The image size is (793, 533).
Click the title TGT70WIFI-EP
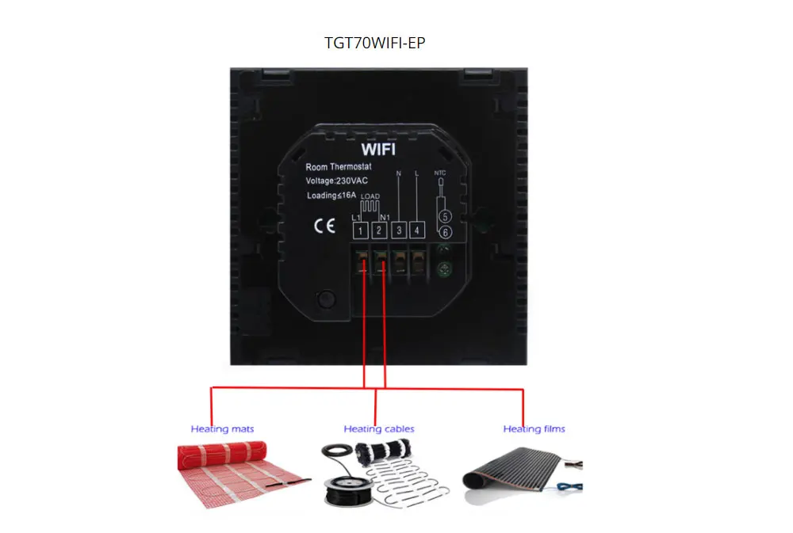(374, 43)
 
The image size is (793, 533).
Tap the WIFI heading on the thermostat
(378, 149)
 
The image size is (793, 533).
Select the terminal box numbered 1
(361, 230)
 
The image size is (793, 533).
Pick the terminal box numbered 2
(380, 230)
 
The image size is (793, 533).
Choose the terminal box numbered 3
(399, 230)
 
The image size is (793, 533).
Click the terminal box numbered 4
(417, 230)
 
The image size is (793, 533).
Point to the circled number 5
(445, 215)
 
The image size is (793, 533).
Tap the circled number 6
(445, 232)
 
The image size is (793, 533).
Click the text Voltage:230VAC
(338, 181)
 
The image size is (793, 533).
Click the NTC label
(441, 172)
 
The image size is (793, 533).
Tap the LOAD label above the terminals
(370, 196)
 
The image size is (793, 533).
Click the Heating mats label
(222, 429)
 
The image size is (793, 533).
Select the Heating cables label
(379, 429)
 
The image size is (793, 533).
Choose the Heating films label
(534, 429)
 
